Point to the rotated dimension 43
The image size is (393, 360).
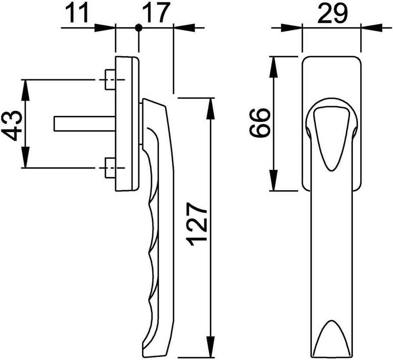11,125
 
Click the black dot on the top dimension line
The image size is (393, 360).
139,28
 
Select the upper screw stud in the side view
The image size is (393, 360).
110,80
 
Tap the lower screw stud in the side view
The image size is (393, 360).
110,168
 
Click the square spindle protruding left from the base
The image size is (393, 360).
84,124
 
